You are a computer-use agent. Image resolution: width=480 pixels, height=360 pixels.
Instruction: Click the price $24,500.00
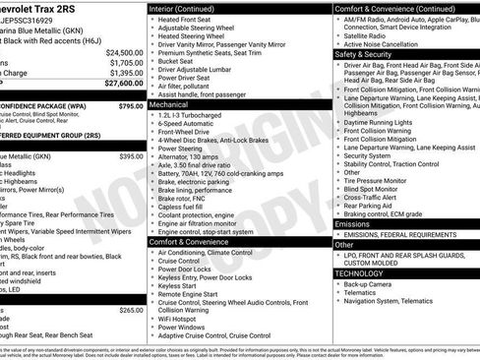[125, 52]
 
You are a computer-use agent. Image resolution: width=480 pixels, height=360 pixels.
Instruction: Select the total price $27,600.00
[124, 86]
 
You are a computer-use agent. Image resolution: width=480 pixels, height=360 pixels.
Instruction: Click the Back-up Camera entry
[369, 284]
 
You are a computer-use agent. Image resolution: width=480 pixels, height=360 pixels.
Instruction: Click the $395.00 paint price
[131, 156]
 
